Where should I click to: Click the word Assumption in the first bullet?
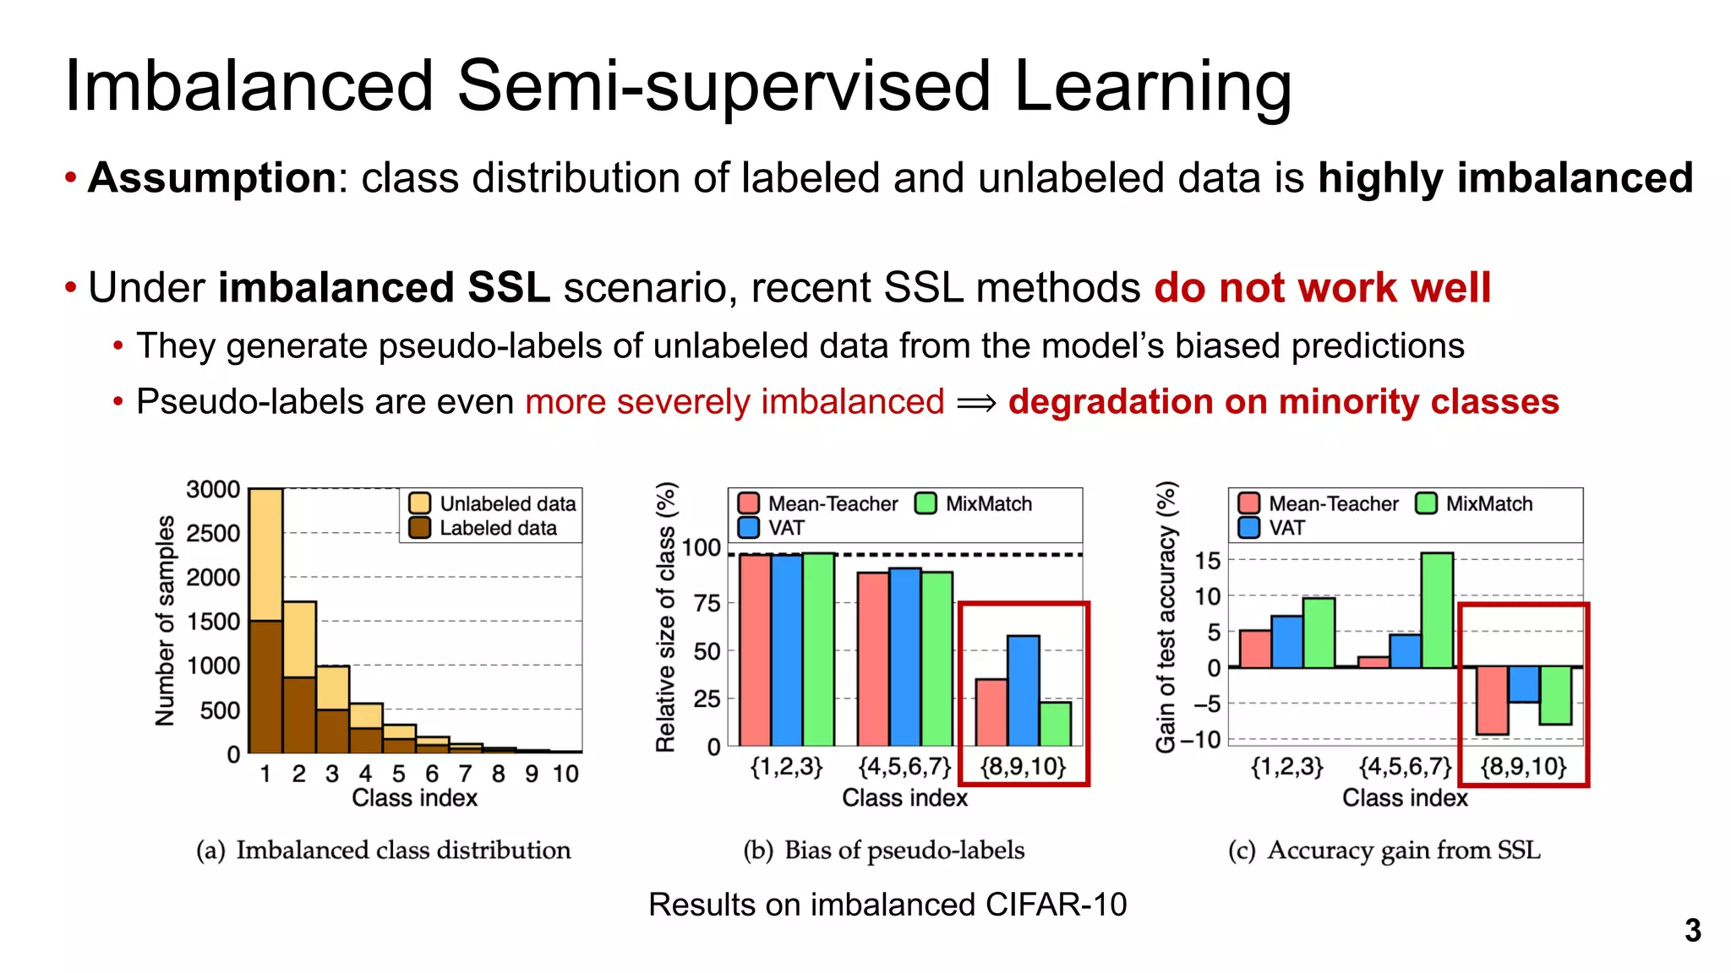point(212,179)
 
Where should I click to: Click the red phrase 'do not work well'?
point(1322,288)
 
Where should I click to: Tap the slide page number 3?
point(1692,931)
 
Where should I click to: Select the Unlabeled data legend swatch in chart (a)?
point(420,503)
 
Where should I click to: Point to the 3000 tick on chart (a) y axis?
point(213,490)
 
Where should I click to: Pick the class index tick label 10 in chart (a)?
point(565,774)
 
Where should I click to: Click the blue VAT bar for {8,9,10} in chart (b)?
point(1023,691)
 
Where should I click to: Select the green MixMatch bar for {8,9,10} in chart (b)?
point(1055,724)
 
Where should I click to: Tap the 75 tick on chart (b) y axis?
point(707,603)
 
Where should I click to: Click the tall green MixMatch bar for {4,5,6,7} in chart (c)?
point(1437,610)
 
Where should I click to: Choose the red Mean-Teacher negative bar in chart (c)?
point(1492,700)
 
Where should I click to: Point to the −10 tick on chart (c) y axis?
point(1200,740)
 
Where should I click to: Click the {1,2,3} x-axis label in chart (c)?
point(1286,767)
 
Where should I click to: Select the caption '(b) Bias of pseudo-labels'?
point(883,851)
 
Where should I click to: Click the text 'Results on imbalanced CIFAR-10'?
point(887,905)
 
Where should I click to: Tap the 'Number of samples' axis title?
point(166,621)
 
